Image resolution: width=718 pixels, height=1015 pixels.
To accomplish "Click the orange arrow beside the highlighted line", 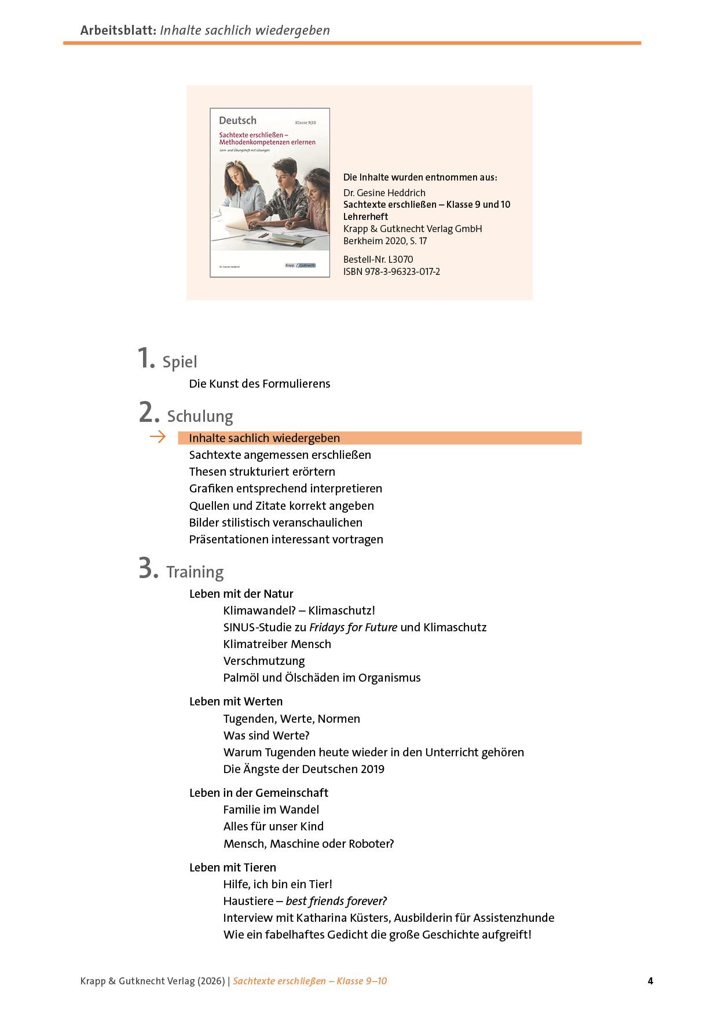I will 157,437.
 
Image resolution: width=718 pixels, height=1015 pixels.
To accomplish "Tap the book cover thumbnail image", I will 270,193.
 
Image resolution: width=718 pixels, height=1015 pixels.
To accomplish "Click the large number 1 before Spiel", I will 146,358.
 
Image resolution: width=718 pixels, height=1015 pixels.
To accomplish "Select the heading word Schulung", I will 200,417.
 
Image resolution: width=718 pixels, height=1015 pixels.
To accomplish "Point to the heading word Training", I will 195,572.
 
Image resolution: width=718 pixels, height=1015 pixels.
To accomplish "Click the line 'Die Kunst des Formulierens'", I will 259,384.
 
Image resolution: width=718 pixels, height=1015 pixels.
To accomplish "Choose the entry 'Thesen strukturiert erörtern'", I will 262,472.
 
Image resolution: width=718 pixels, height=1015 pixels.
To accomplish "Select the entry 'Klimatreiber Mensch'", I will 277,644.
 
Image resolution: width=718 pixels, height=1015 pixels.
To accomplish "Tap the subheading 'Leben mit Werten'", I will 236,701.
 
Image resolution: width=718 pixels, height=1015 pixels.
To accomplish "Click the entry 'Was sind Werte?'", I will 266,735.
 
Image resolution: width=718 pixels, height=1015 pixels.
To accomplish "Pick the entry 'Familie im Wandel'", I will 271,810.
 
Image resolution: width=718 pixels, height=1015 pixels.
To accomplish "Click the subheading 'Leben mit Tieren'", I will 232,867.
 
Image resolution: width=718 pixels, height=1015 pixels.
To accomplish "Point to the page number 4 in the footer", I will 650,981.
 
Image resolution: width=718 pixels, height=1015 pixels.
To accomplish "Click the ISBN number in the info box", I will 391,271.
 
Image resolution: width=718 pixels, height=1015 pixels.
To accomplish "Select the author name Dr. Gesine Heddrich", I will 384,193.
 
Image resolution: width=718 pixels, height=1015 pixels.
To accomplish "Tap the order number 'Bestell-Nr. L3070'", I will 378,259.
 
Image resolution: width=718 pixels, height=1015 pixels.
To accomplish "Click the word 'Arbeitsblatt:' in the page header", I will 118,30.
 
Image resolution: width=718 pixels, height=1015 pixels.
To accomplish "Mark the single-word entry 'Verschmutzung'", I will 263,661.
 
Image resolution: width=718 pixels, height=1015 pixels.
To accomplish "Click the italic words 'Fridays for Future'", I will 353,627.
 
